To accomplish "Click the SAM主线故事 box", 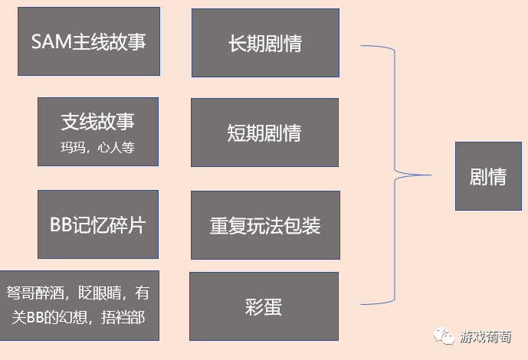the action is pos(88,41).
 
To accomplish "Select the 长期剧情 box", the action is pos(265,43).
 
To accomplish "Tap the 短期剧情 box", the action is pos(264,133).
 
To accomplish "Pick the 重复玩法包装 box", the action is pos(264,225).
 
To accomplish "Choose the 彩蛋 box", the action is pos(264,306).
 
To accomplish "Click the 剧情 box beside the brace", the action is pos(488,176).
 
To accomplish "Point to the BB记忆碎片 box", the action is pos(97,225).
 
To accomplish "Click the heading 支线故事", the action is pos(97,123).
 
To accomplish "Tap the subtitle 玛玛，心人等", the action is pos(97,147).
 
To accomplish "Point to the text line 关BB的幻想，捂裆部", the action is pos(79,317).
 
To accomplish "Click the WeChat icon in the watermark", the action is pos(444,335).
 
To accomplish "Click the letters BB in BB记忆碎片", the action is pos(61,225).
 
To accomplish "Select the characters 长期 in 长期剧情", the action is pos(247,43).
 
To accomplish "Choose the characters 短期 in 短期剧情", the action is pos(246,133).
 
